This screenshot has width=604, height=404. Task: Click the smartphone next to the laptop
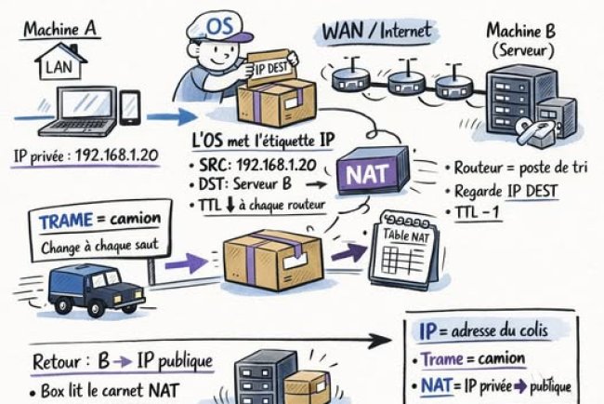coord(130,107)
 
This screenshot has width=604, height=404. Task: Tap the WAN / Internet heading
coord(376,31)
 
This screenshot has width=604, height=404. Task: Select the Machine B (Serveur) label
coord(519,39)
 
